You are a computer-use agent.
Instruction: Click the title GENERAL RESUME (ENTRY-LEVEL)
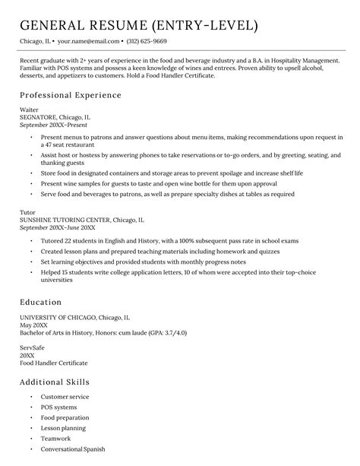click(139, 25)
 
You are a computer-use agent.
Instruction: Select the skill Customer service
click(65, 397)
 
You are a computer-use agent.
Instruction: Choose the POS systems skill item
click(58, 407)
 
